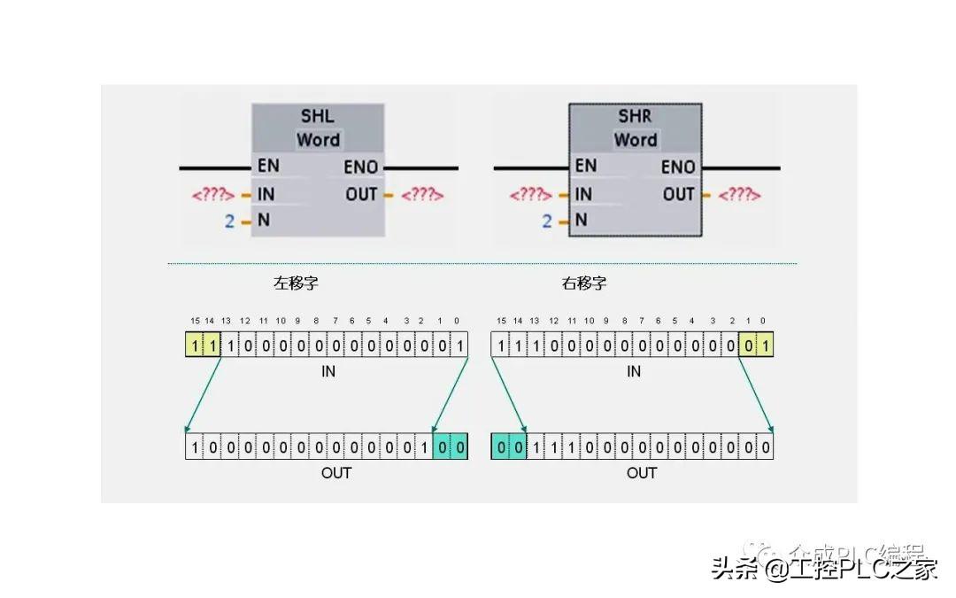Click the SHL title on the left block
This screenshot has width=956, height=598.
click(318, 117)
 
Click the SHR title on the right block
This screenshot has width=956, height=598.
click(635, 117)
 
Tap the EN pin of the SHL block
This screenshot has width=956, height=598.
click(267, 166)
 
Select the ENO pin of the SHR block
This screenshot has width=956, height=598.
click(678, 167)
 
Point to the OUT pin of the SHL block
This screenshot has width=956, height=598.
click(361, 194)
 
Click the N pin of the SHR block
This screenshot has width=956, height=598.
click(581, 220)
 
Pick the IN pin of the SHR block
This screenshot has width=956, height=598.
click(583, 194)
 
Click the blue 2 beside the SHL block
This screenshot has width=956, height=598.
click(229, 221)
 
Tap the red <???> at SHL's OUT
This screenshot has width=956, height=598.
click(422, 195)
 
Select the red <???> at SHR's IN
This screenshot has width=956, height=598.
click(531, 195)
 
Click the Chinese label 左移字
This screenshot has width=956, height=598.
click(296, 283)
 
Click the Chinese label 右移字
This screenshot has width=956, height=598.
click(584, 283)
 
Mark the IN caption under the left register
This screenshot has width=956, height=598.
click(328, 372)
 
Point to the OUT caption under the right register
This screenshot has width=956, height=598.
click(642, 473)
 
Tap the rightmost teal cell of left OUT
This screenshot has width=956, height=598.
click(459, 447)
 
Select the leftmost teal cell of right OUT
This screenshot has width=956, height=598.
click(501, 447)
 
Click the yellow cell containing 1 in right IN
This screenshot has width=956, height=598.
click(764, 345)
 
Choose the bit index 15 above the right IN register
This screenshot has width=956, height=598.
click(501, 321)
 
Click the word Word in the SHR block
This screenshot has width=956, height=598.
click(635, 140)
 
